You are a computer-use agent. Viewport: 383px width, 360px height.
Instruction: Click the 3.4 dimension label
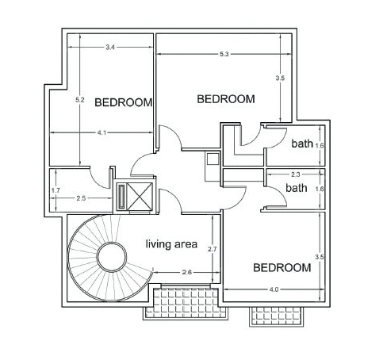(x=110, y=48)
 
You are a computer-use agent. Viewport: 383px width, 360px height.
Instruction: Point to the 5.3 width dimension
(x=224, y=54)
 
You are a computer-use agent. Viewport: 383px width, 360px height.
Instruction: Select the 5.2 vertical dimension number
(x=80, y=100)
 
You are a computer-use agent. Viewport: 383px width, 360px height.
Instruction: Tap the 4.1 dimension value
(x=101, y=132)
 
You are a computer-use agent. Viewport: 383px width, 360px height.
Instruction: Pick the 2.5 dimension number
(x=81, y=198)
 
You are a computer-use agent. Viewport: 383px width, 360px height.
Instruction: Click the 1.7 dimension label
(x=56, y=190)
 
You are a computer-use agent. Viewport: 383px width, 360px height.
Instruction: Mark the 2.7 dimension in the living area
(x=213, y=249)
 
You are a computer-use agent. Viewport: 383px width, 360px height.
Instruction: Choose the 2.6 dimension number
(x=187, y=272)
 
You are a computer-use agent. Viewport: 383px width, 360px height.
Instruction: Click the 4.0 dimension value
(x=274, y=289)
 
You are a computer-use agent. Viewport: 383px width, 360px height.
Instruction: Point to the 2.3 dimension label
(x=296, y=174)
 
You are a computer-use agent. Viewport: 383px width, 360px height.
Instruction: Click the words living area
(x=171, y=244)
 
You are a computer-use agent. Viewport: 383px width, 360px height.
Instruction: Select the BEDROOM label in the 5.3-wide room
(x=226, y=99)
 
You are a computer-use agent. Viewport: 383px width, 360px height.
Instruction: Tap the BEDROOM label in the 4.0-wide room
(x=282, y=268)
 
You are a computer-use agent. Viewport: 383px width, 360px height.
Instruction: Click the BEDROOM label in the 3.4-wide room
(x=124, y=102)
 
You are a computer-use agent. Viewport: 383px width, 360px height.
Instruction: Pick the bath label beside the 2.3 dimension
(x=297, y=188)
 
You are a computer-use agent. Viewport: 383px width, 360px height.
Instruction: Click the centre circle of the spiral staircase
(x=112, y=256)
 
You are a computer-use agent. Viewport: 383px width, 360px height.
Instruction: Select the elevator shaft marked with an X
(x=140, y=197)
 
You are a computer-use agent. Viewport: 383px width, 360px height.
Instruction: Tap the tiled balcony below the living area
(x=186, y=303)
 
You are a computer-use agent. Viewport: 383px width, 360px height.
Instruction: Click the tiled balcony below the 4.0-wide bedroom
(x=277, y=316)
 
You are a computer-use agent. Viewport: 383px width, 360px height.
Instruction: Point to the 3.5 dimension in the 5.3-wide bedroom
(x=280, y=79)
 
